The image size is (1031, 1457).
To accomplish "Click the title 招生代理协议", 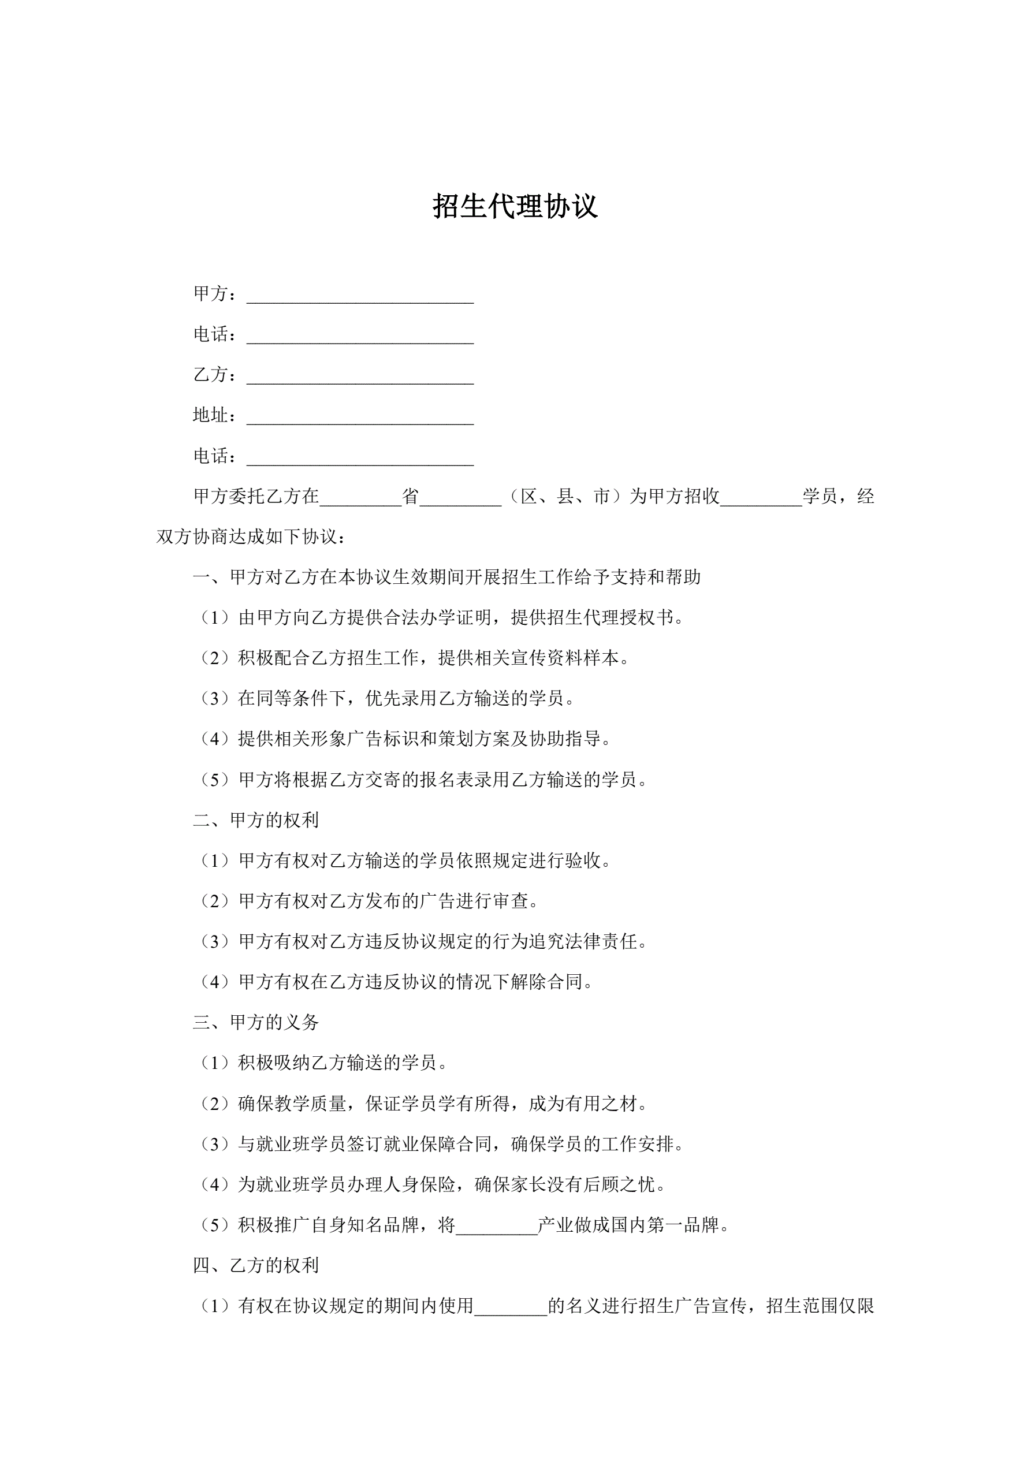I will (x=515, y=206).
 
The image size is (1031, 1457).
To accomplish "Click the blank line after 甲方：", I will (x=360, y=296).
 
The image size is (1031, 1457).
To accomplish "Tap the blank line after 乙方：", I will (x=360, y=377).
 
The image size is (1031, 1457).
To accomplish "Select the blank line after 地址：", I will (x=360, y=417).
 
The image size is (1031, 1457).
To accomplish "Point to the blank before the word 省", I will (x=360, y=498).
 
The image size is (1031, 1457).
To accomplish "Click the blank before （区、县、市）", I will (x=460, y=498).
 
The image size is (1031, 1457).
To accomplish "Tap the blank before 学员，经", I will (x=761, y=498).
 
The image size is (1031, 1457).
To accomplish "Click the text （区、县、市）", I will (x=565, y=496).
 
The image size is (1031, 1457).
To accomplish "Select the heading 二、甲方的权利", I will (x=256, y=821).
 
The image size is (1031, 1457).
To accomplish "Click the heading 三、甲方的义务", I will (x=256, y=1022).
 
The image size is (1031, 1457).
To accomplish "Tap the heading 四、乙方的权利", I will (x=256, y=1265).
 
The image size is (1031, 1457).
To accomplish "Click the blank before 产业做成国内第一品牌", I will (x=497, y=1226).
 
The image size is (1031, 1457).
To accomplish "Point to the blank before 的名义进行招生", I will (x=511, y=1307).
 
